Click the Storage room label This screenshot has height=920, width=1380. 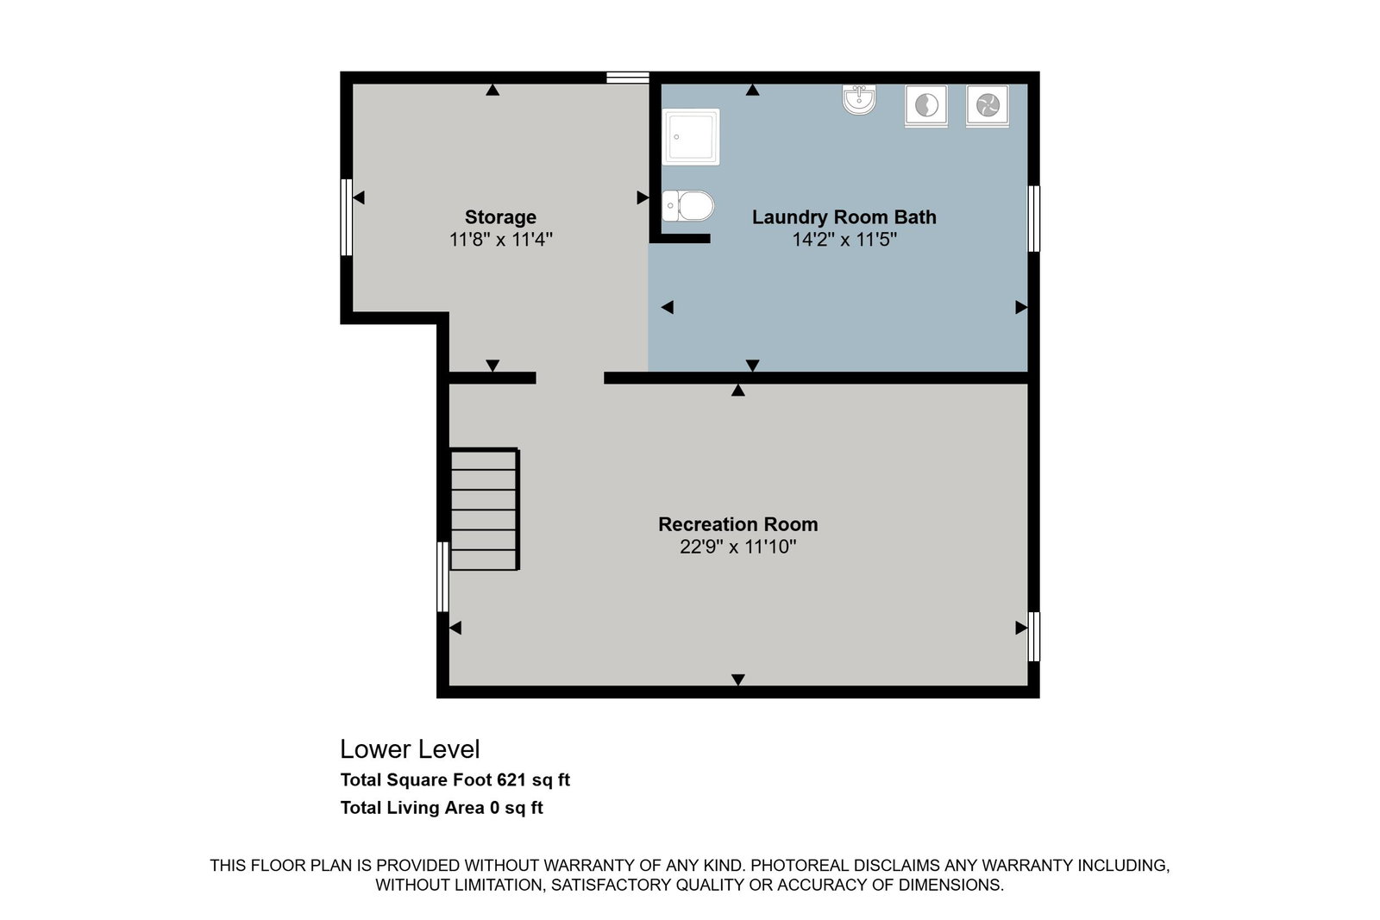tap(500, 216)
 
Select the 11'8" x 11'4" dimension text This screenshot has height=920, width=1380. tap(500, 239)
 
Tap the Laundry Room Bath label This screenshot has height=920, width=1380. tap(844, 216)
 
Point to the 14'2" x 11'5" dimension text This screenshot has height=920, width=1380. tap(844, 239)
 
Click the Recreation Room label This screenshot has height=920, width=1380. tap(738, 524)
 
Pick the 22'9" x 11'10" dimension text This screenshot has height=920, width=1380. tap(738, 546)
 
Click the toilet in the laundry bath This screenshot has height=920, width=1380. tap(688, 206)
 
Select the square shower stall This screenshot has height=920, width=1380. tap(691, 137)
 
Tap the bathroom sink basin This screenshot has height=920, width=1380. tap(859, 100)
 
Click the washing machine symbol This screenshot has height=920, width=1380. tap(926, 106)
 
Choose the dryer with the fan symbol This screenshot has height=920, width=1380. tap(988, 106)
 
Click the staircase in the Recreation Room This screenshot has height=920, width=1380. tap(485, 510)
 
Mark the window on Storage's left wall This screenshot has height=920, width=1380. tap(347, 217)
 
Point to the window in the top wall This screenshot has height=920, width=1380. tap(628, 78)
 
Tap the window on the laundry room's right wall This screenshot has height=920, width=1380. tap(1034, 219)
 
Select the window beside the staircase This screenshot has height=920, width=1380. tap(443, 577)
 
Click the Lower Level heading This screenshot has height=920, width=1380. tap(410, 748)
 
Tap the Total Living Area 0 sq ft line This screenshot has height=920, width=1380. tap(442, 807)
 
